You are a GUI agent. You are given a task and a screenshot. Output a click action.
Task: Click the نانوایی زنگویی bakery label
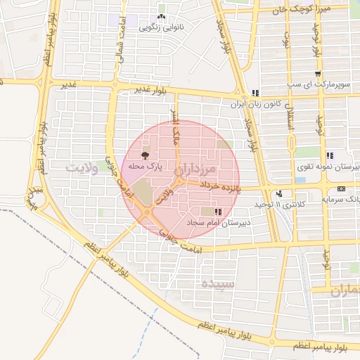pos(161,29)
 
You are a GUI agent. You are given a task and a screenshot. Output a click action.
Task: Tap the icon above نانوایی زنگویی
pos(162,17)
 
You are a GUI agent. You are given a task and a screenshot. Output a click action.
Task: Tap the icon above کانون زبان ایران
pos(256,93)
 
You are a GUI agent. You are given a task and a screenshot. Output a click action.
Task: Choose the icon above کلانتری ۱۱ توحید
pos(280,193)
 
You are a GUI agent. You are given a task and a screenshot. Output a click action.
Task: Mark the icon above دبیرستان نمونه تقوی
pos(329,155)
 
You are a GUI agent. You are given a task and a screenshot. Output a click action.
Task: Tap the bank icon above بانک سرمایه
pos(341,188)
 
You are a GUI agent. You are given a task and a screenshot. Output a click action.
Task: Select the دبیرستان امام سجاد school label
pos(219,221)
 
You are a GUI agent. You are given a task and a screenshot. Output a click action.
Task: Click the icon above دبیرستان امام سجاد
pos(219,211)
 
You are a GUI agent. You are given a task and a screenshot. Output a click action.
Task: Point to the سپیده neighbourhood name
pos(217,284)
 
